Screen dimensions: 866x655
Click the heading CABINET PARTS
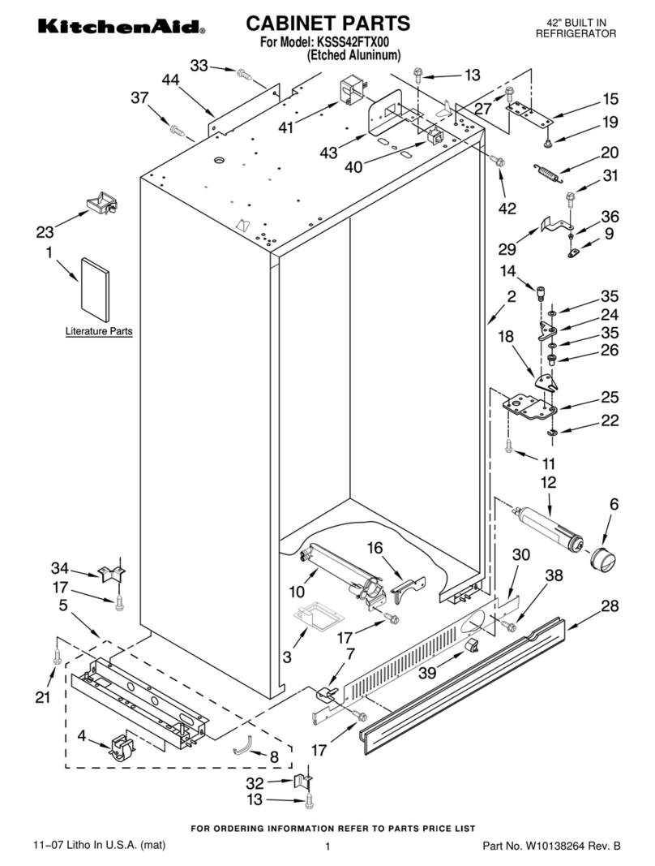(327, 23)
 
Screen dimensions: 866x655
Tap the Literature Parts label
(99, 332)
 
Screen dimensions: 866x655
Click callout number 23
(45, 231)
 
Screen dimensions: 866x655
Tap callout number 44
(170, 80)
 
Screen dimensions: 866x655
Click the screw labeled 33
(243, 75)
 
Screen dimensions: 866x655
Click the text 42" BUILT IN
(576, 22)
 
